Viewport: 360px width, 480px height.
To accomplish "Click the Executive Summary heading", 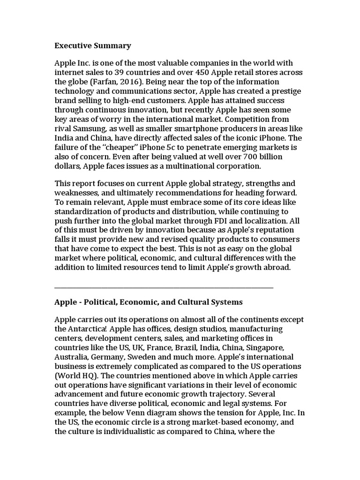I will pyautogui.click(x=93, y=45).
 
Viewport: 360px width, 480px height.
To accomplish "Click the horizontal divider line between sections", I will pyautogui.click(x=164, y=287).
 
